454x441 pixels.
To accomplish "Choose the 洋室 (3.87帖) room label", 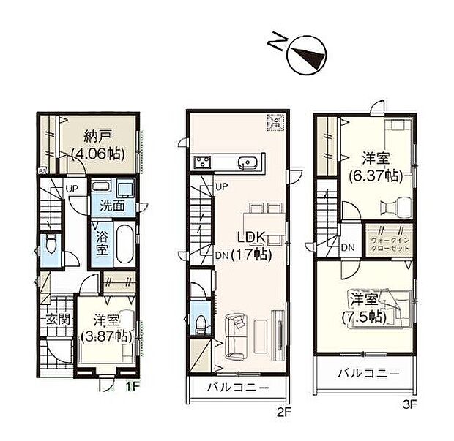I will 107,328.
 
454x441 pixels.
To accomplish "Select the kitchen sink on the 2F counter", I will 248,162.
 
